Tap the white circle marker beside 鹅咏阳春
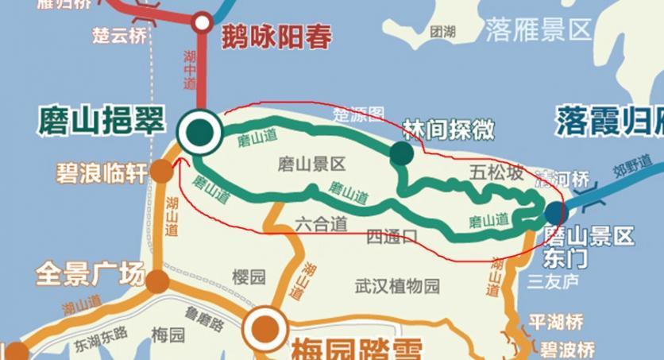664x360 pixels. (203, 21)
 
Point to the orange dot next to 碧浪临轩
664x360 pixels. (161, 171)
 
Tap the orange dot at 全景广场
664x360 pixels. (157, 280)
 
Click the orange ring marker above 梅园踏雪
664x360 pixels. (264, 327)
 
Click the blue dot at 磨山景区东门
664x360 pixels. (554, 212)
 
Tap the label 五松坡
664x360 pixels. (496, 172)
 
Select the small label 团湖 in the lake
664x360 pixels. (442, 32)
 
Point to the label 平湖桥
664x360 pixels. (556, 323)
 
